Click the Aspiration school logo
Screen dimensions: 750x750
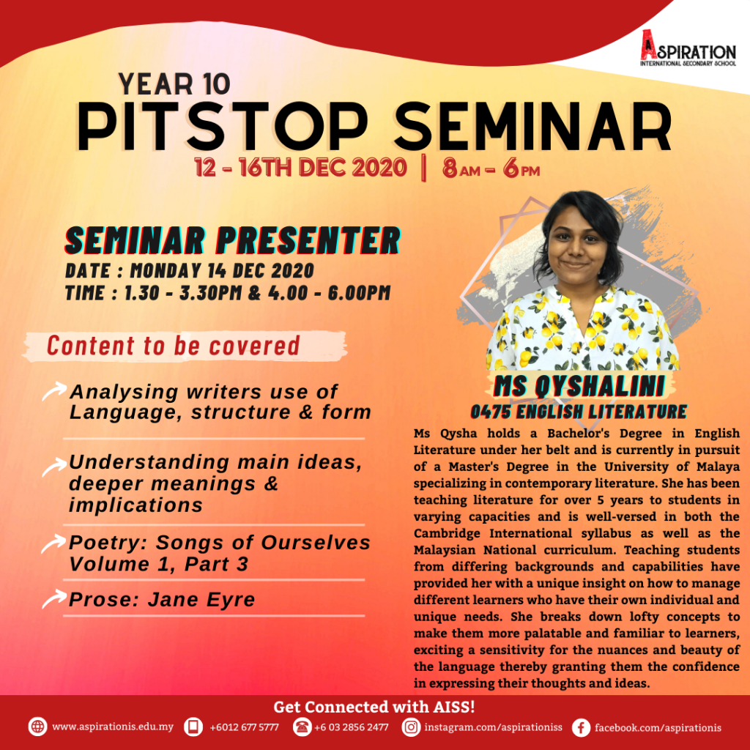click(688, 48)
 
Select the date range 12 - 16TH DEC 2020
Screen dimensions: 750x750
click(300, 168)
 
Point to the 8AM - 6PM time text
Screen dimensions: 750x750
click(491, 168)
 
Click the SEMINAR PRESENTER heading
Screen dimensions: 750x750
click(232, 240)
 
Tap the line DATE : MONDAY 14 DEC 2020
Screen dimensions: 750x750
click(190, 271)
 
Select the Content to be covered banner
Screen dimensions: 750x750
click(184, 346)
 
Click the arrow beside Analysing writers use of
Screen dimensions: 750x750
click(54, 390)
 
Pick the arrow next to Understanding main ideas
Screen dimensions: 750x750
click(54, 467)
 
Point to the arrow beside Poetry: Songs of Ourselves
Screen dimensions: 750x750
click(54, 543)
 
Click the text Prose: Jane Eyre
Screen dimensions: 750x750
click(162, 599)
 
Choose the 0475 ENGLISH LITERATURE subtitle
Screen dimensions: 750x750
click(579, 412)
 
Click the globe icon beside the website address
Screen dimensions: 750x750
click(38, 727)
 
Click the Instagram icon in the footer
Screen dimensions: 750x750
click(411, 727)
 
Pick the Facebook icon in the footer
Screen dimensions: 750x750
click(581, 727)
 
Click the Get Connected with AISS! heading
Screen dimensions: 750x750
click(374, 707)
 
